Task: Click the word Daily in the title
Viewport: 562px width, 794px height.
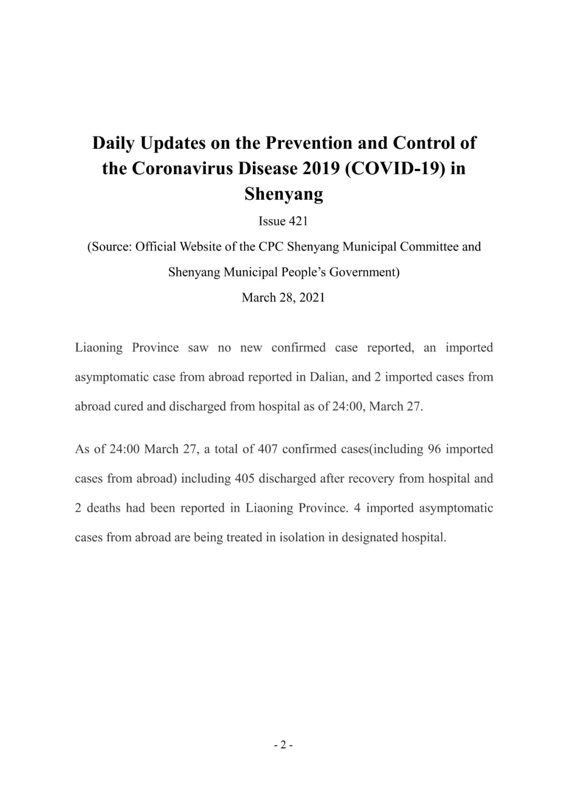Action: coord(113,144)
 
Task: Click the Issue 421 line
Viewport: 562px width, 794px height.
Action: coord(283,222)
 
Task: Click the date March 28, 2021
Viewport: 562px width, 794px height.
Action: coord(283,297)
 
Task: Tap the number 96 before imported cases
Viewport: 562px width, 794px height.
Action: coord(435,449)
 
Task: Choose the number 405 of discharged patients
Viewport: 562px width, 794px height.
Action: coord(245,479)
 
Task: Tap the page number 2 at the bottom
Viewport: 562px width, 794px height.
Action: coord(283,745)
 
